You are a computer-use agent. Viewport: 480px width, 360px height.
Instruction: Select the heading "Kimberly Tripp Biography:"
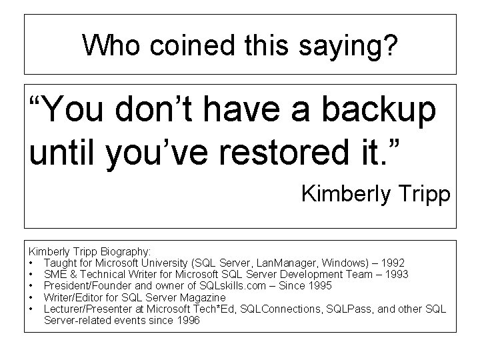90,253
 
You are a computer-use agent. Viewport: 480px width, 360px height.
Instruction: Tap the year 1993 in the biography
395,275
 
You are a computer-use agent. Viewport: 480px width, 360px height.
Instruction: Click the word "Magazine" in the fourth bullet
205,297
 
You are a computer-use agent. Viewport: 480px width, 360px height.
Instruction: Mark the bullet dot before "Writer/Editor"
31,297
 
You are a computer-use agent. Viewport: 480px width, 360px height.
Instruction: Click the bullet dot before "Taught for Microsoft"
31,263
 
